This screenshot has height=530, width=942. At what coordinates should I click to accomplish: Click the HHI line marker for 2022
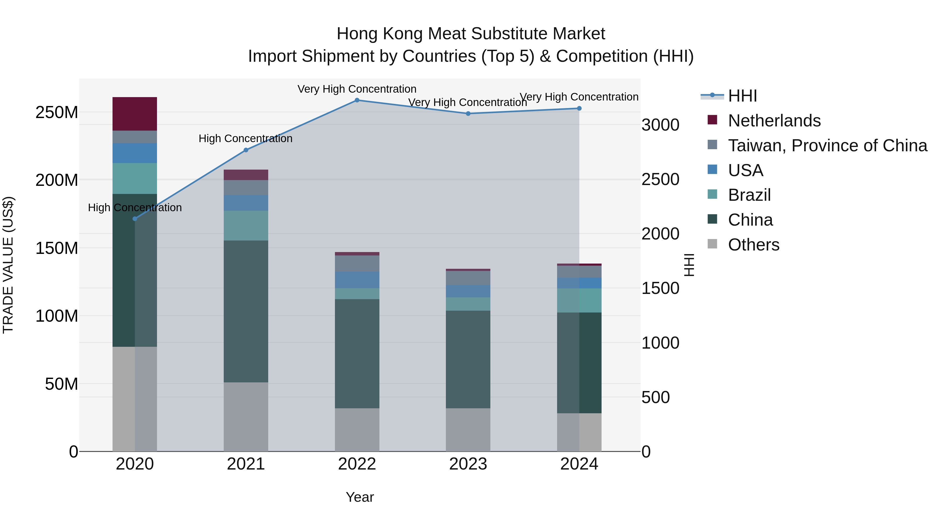[x=357, y=100]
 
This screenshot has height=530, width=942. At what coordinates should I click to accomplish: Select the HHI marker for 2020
[x=134, y=219]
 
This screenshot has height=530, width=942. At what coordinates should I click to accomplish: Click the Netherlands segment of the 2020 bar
[x=134, y=114]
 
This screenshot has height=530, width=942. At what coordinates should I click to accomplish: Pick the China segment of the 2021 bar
[x=246, y=311]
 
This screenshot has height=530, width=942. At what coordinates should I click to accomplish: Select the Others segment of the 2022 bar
[x=357, y=429]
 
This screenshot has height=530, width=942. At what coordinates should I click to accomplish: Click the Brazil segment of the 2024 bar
[x=579, y=300]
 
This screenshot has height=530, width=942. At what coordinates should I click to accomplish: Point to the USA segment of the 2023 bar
[x=468, y=291]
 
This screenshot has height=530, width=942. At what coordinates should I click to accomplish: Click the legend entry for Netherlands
[x=774, y=121]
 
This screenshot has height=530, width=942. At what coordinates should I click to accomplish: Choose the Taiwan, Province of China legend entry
[x=827, y=146]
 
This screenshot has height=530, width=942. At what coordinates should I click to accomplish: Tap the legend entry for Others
[x=753, y=245]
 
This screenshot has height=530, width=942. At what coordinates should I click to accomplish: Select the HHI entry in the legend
[x=742, y=96]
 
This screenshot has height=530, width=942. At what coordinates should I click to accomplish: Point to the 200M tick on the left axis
[x=57, y=180]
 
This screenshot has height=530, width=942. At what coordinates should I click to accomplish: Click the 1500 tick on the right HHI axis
[x=660, y=288]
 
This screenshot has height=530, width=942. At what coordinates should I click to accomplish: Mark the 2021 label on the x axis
[x=246, y=464]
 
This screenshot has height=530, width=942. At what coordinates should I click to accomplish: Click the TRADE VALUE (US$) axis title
[x=8, y=265]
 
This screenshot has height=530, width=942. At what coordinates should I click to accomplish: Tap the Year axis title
[x=360, y=497]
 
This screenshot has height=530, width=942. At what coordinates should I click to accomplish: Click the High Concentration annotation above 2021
[x=245, y=139]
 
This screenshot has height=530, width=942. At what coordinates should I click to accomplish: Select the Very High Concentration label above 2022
[x=357, y=89]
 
